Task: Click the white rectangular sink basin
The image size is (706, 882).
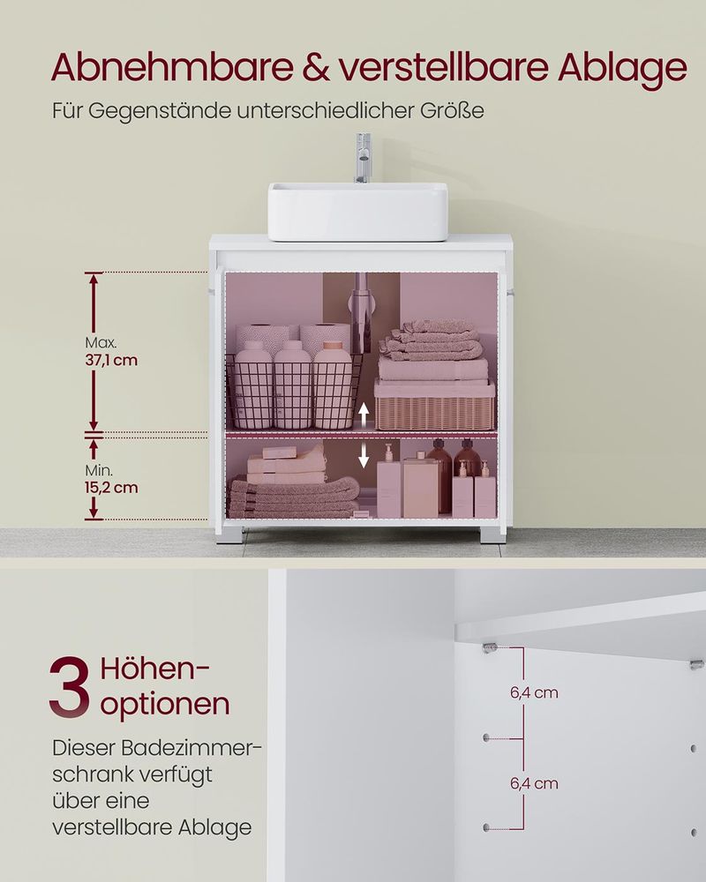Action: point(357,211)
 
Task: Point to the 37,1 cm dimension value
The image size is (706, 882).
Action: point(111,360)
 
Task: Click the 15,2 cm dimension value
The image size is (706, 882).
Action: point(111,487)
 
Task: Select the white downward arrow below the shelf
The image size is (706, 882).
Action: point(362,456)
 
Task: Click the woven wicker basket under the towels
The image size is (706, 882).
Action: point(433,405)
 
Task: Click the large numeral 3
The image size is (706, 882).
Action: point(70,685)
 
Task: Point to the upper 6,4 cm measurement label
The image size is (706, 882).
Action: point(534,692)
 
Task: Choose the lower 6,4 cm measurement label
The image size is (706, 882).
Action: point(534,783)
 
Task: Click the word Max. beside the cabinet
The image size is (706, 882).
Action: point(101,342)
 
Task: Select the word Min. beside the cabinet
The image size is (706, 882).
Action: point(99,470)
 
